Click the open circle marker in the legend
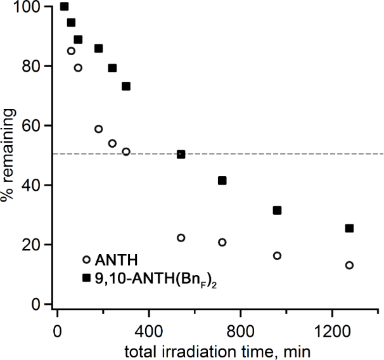tap(86, 259)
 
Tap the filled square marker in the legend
tap(86, 277)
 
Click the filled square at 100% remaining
tap(64, 6)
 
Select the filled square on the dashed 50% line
tap(181, 154)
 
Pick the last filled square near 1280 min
tap(349, 228)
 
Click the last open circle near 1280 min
tap(349, 265)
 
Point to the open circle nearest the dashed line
tap(126, 151)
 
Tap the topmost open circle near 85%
tap(71, 51)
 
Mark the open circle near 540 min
tap(181, 238)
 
